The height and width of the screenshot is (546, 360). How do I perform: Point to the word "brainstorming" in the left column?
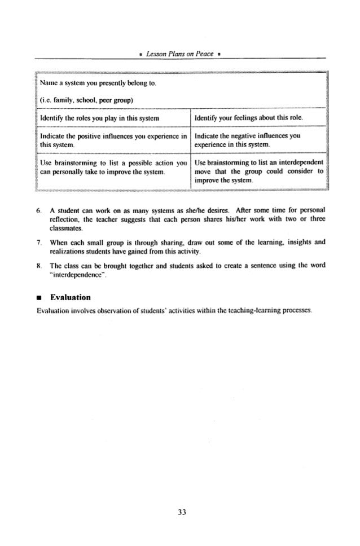[78, 162]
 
